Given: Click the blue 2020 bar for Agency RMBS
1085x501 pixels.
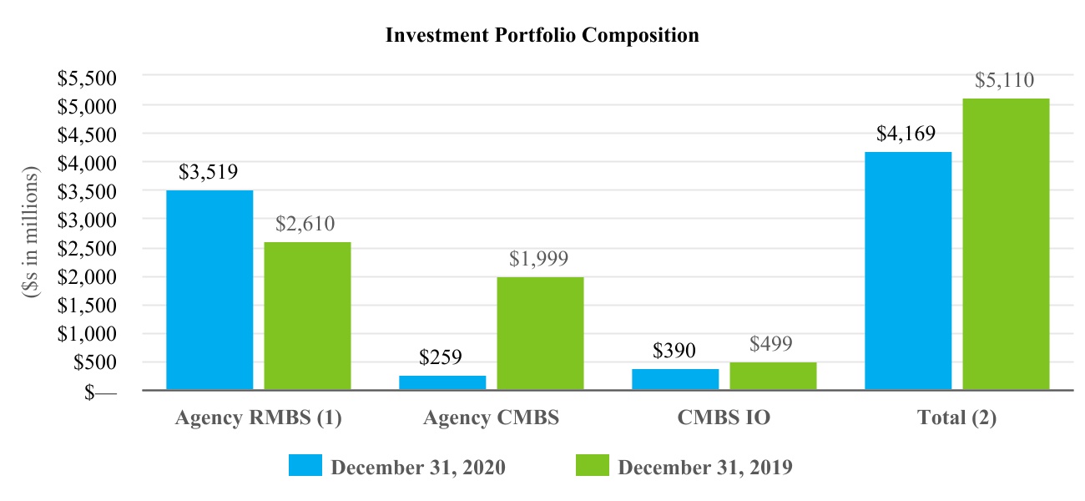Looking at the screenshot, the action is click(209, 290).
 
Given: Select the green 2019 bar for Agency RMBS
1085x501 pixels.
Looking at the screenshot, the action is click(308, 316).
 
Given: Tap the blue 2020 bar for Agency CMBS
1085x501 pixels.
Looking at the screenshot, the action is click(442, 382).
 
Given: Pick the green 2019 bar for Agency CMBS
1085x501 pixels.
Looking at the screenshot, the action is click(541, 333).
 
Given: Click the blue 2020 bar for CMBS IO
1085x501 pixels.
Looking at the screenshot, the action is click(676, 379).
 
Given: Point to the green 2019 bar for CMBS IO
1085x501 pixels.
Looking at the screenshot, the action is click(774, 376).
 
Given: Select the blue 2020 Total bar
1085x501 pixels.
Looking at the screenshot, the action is click(908, 271).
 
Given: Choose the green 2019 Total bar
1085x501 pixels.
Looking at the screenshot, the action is click(1006, 244).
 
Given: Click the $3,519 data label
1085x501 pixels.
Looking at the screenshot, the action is click(209, 172).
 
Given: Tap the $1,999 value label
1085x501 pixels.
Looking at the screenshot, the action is click(538, 259).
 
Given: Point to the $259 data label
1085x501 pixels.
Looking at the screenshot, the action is click(441, 357).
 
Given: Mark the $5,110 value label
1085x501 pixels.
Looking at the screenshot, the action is click(1005, 80).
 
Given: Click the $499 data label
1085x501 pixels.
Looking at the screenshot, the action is click(771, 344).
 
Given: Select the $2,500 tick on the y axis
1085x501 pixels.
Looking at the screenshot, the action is click(87, 249).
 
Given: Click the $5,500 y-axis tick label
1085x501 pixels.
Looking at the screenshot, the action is click(87, 78).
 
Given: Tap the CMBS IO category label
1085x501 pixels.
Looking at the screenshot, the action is click(724, 417).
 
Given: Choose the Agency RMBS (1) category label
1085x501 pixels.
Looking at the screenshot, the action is click(258, 418).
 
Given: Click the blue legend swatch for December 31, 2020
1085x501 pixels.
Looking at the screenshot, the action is click(305, 465).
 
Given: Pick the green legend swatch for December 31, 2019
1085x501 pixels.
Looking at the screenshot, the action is click(593, 465).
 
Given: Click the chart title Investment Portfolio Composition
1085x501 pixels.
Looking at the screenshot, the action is click(542, 35).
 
